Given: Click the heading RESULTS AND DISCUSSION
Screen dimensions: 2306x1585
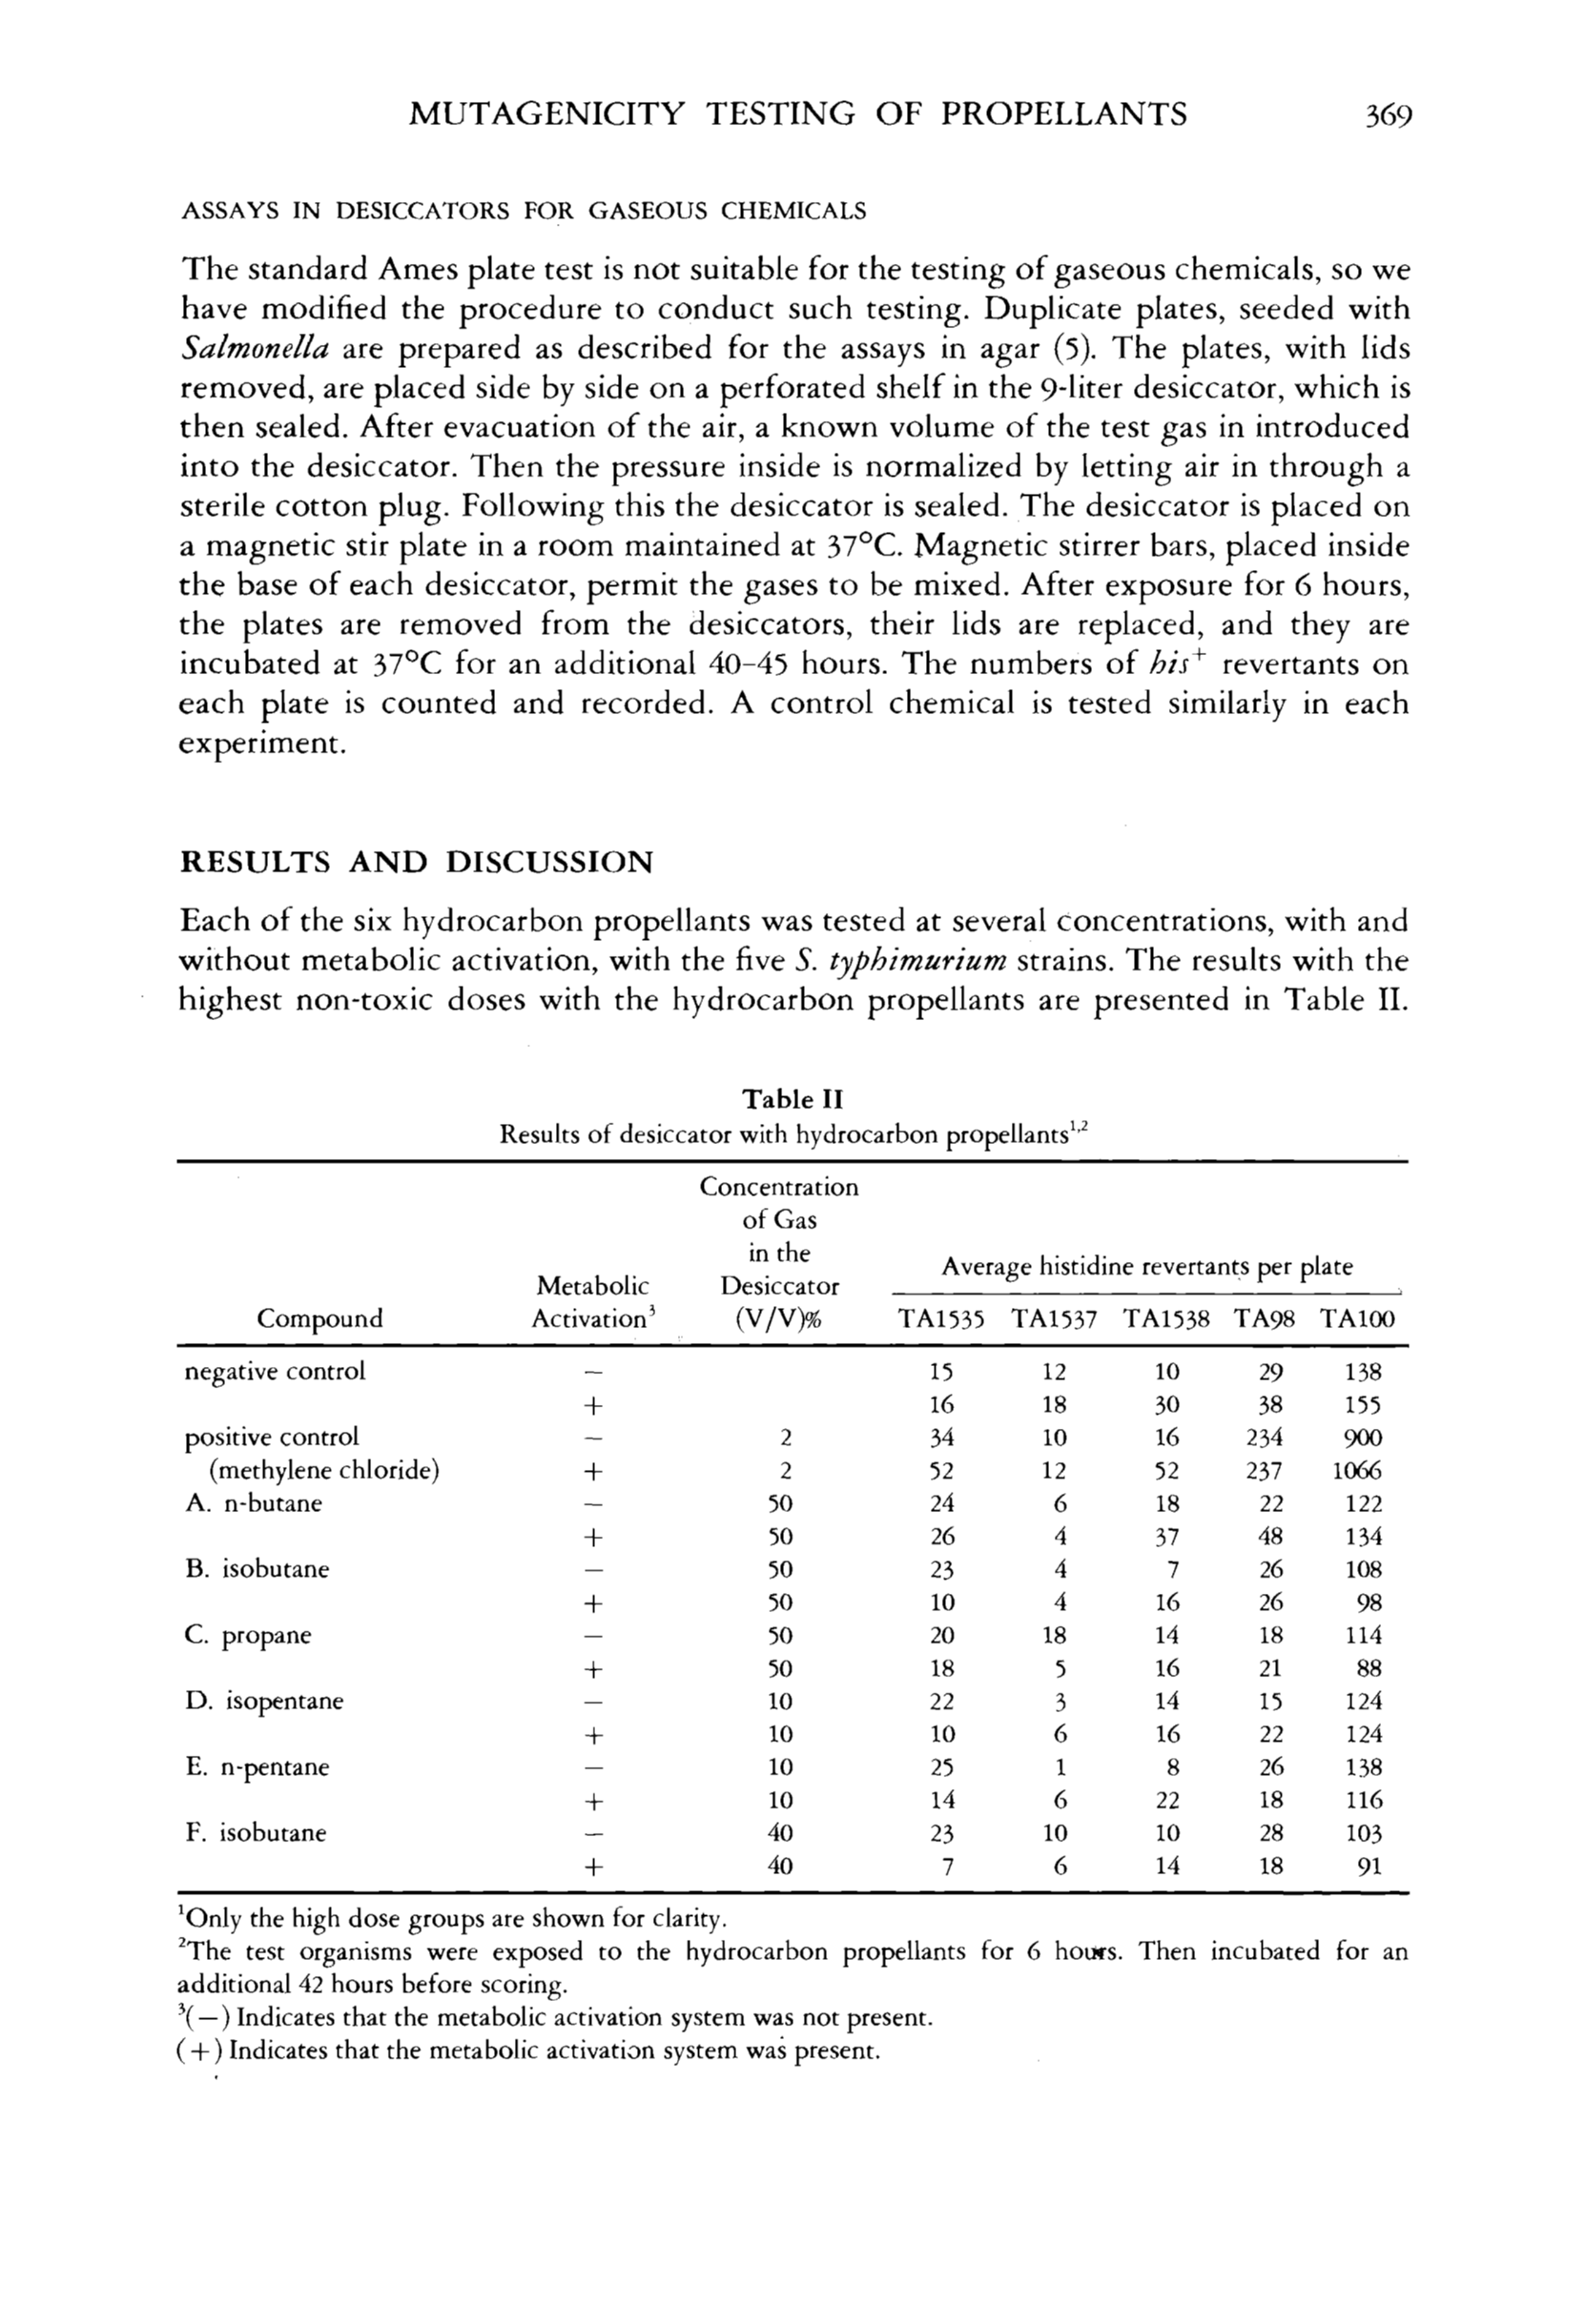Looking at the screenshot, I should pos(416,862).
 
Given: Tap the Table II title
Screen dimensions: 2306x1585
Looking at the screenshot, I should pos(793,1099).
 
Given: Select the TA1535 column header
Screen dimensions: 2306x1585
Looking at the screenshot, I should pos(941,1319).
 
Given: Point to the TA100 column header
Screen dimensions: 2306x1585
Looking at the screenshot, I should pos(1358,1319).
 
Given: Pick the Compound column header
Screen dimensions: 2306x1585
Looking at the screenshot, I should pos(319,1318).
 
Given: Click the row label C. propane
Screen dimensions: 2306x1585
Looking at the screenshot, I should pos(248,1636).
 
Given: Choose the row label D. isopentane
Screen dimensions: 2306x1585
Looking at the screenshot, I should pos(264,1702).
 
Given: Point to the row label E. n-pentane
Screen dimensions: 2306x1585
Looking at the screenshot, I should pos(257,1768).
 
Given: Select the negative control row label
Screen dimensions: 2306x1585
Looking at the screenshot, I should pos(275,1372).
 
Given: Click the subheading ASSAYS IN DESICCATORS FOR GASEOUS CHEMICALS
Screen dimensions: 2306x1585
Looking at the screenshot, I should pos(523,212).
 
